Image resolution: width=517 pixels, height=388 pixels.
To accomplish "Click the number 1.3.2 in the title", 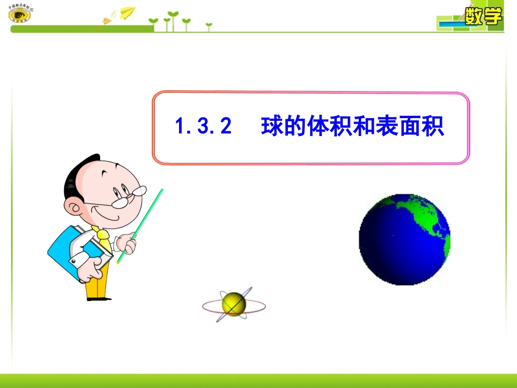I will (x=203, y=127).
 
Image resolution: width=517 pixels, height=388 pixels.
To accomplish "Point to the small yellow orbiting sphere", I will (x=234, y=304).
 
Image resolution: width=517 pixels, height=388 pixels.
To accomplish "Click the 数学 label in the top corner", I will (x=483, y=16).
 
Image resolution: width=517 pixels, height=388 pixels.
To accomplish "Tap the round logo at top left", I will (x=20, y=14).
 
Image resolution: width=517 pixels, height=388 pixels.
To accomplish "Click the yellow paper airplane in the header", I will (x=127, y=11).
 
